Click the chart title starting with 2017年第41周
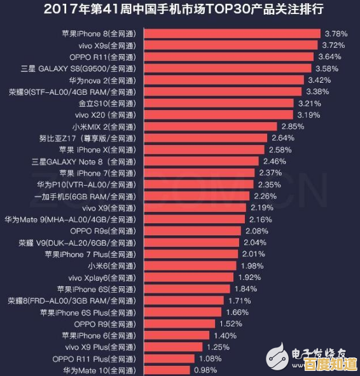[180, 10]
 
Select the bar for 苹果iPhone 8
[232, 33]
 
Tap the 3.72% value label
[333, 45]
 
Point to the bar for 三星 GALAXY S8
[228, 68]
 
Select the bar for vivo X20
[219, 115]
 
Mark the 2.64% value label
[282, 137]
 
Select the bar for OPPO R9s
[193, 230]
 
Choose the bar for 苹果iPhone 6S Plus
[183, 312]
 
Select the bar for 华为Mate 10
[167, 370]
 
